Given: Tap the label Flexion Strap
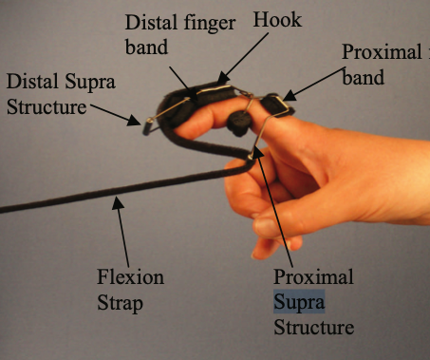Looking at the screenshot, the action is [x=131, y=290].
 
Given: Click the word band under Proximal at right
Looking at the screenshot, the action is [x=365, y=78].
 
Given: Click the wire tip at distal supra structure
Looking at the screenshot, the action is [x=146, y=123].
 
